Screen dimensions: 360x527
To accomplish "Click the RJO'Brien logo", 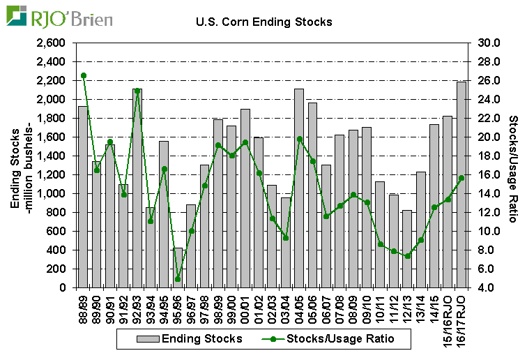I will [59, 16].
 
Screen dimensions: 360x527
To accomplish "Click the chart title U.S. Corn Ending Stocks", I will [263, 22].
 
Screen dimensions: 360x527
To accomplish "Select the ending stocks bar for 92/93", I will [137, 188].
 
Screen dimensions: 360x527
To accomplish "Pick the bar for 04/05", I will [299, 188].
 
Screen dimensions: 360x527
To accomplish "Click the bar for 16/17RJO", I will [461, 184].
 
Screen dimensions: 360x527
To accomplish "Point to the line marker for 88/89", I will [83, 75].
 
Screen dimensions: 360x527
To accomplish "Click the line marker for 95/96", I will [178, 279].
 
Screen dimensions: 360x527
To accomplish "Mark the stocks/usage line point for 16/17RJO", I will [461, 178].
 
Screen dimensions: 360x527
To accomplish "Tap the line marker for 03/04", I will [286, 238].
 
